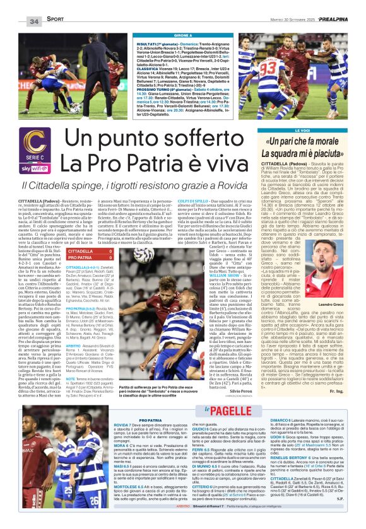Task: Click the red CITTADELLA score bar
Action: pos(89,251)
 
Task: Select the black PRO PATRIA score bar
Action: pos(89,258)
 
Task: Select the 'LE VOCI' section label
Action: pos(310,131)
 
